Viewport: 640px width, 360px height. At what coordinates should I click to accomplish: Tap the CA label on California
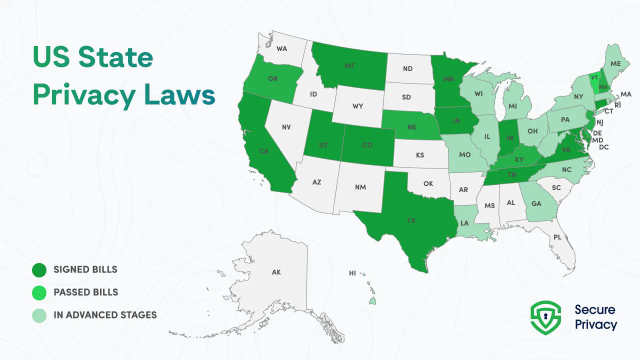[x=264, y=151]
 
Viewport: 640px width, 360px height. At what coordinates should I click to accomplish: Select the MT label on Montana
[x=350, y=65]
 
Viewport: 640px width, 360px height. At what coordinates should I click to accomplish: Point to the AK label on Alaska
[x=276, y=272]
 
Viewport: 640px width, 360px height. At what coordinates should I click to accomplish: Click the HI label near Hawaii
[x=352, y=273]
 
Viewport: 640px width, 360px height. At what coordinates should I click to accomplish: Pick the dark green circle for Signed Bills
[x=39, y=270]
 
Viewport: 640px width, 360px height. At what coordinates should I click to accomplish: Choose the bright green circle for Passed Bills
[x=39, y=292]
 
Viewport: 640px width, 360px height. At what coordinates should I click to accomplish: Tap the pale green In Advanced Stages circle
[x=39, y=315]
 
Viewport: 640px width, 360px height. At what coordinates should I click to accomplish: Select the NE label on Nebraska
[x=411, y=127]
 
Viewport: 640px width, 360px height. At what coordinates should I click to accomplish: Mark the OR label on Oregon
[x=272, y=79]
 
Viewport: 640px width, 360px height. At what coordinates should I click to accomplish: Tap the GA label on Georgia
[x=536, y=204]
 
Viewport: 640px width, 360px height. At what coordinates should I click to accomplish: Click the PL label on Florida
[x=557, y=237]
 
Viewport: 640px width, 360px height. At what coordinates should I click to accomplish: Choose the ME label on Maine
[x=615, y=63]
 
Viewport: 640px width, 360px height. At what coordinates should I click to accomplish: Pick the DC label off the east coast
[x=603, y=147]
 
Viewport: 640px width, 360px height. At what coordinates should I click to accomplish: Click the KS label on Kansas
[x=420, y=155]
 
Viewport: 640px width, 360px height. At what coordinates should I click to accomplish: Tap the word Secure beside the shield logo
[x=595, y=310]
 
